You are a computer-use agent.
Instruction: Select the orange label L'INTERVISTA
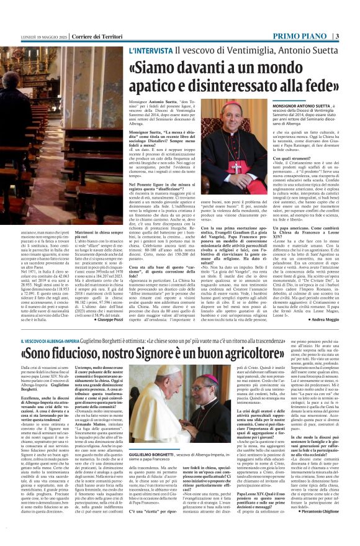click(151, 49)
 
